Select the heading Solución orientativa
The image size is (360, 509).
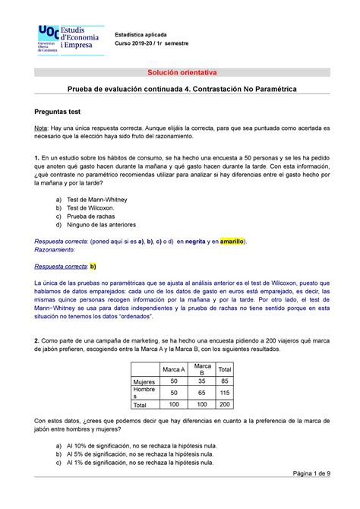pyautogui.click(x=179, y=72)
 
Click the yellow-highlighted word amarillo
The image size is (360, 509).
pyautogui.click(x=226, y=241)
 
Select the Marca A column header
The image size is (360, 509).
pyautogui.click(x=174, y=369)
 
